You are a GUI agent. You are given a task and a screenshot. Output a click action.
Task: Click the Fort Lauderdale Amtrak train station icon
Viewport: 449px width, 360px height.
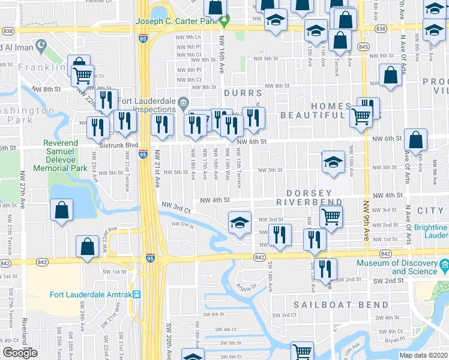coord(137,295)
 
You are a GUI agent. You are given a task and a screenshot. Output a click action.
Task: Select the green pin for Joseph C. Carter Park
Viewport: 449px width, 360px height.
coord(224,22)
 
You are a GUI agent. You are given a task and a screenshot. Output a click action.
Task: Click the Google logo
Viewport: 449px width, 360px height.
coord(20,352)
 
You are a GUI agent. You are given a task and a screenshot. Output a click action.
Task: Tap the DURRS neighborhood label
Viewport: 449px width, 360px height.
coord(243,93)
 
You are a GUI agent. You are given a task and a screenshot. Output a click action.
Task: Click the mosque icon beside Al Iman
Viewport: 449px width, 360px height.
coord(41,45)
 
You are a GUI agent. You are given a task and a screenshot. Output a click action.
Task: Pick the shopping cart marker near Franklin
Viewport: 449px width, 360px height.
coord(83,75)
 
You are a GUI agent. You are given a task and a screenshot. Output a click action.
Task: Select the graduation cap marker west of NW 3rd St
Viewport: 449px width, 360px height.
coord(240,223)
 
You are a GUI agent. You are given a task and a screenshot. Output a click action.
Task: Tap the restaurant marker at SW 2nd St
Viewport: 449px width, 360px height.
coord(325,269)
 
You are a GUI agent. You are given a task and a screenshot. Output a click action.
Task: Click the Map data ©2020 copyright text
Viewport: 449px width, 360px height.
coord(424,355)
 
